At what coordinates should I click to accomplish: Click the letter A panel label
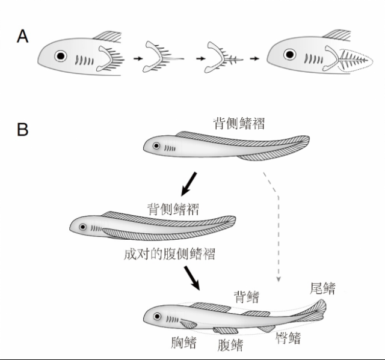[x=23, y=37]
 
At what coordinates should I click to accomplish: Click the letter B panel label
[x=23, y=129]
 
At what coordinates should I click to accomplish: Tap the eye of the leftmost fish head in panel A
[x=60, y=56]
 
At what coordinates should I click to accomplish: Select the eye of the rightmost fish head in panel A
[x=290, y=54]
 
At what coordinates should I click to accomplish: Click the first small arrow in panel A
[x=138, y=59]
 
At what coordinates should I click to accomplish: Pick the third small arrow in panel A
[x=254, y=59]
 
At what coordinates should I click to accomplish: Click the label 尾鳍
[x=322, y=288]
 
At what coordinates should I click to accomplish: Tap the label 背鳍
[x=246, y=297]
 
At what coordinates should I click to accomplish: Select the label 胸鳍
[x=183, y=343]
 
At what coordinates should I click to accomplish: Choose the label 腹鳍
[x=230, y=345]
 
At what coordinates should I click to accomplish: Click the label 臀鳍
[x=288, y=338]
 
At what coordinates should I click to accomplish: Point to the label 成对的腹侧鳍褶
[x=170, y=254]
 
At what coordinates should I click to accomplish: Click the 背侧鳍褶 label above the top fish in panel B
[x=239, y=123]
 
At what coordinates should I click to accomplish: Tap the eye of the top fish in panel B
[x=156, y=145]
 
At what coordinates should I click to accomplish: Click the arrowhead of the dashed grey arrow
[x=279, y=279]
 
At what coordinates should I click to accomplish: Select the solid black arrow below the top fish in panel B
[x=189, y=184]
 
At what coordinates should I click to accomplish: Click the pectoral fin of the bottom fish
[x=188, y=324]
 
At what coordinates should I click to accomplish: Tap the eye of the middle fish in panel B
[x=83, y=227]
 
